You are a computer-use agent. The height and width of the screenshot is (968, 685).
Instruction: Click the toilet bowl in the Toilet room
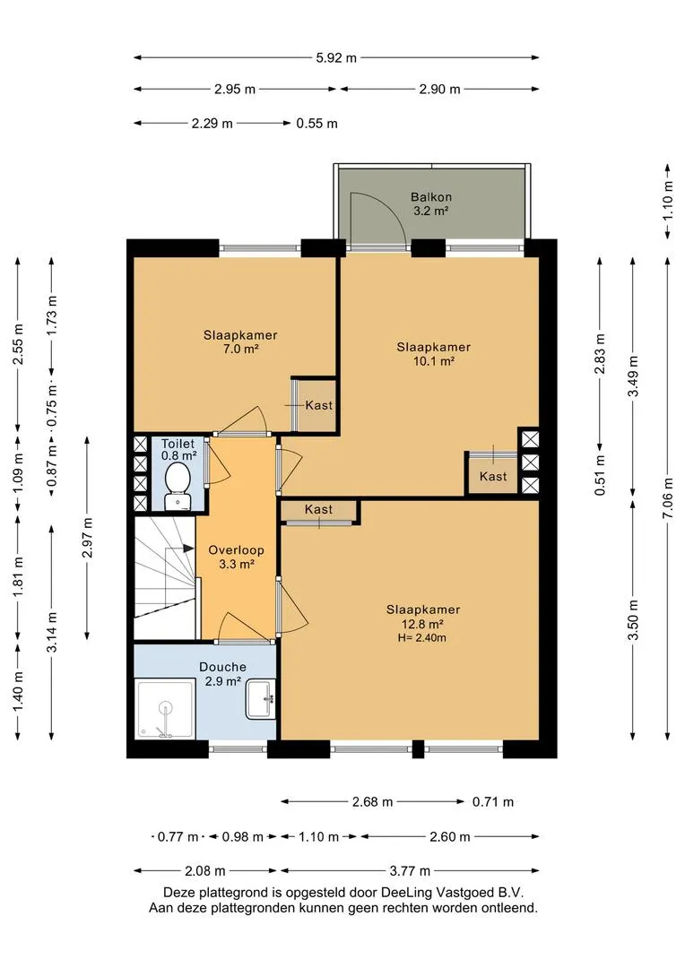178,485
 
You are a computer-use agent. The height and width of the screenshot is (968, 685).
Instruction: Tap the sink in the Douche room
261,699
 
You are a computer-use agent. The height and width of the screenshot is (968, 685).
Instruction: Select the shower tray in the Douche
165,709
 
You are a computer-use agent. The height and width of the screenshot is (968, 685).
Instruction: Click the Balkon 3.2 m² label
431,203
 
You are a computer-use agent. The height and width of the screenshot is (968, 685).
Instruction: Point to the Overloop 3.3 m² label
236,557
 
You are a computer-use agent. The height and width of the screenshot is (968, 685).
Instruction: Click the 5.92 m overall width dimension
336,58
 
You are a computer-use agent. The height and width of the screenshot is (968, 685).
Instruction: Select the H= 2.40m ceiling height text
422,638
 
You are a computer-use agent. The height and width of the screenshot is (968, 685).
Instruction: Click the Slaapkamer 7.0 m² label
240,342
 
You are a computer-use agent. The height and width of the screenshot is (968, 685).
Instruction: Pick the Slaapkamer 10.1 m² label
434,354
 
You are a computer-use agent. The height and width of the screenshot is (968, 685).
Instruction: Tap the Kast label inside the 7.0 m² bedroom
318,406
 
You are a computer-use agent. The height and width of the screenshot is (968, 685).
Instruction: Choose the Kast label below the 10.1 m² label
493,477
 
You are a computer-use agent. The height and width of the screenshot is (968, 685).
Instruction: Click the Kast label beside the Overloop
318,509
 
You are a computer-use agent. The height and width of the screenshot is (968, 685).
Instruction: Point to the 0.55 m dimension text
316,124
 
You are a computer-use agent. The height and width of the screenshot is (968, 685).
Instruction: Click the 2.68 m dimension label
372,802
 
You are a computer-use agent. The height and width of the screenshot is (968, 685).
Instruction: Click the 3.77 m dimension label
410,871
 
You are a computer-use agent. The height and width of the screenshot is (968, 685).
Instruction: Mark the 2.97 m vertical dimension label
87,538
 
